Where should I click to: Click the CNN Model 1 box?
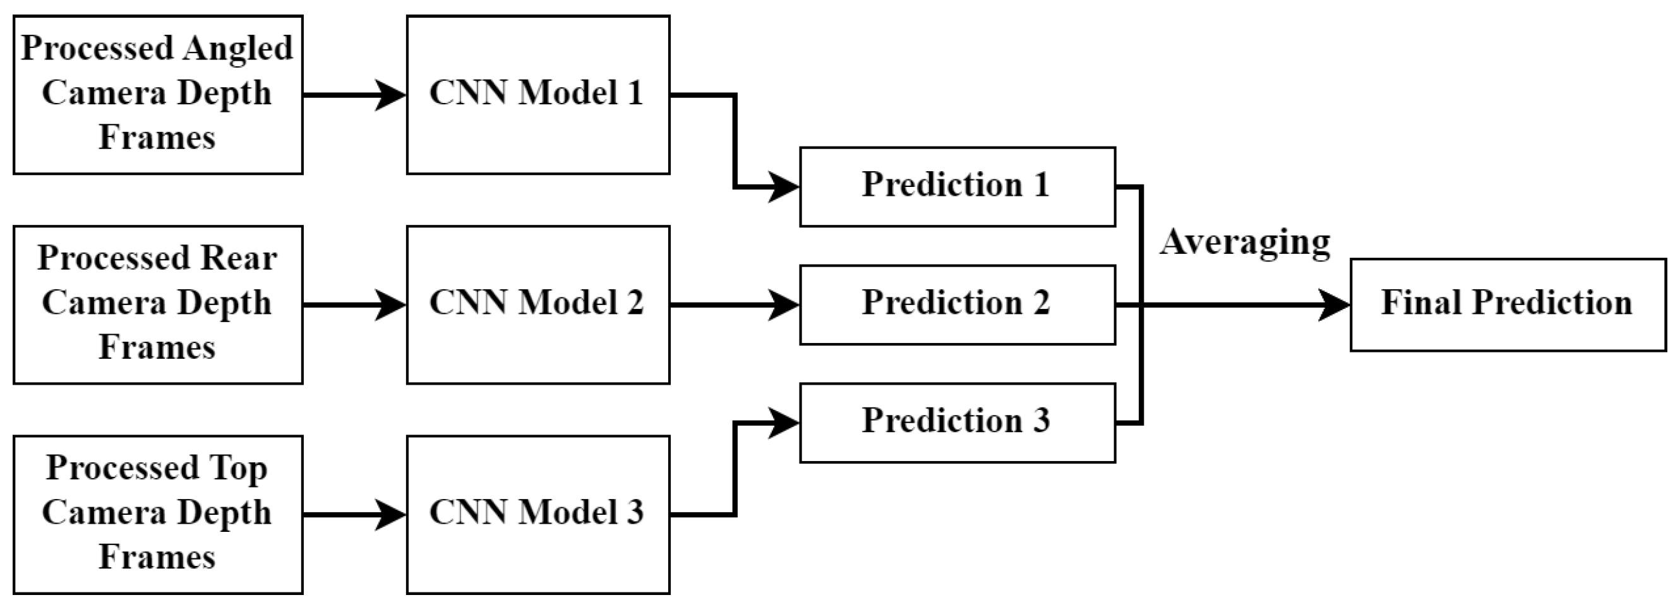(537, 95)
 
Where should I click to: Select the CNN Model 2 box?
(537, 304)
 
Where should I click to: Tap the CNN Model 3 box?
(537, 514)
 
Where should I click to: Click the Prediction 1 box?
(957, 186)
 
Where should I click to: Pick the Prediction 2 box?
(957, 304)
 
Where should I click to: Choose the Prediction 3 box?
(957, 423)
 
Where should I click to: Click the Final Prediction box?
(1507, 304)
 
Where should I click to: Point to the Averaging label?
(1244, 243)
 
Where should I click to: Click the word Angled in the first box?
(237, 49)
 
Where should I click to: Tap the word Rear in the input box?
(239, 258)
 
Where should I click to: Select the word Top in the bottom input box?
(239, 468)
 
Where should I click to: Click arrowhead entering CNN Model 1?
(392, 95)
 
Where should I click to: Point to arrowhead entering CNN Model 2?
(392, 304)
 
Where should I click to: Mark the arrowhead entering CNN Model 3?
(392, 514)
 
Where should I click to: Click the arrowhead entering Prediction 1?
(784, 187)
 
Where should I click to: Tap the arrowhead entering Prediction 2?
(784, 304)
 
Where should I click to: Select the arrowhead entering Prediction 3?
(784, 423)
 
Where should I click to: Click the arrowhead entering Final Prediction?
(1335, 304)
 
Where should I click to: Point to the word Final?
(1421, 303)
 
